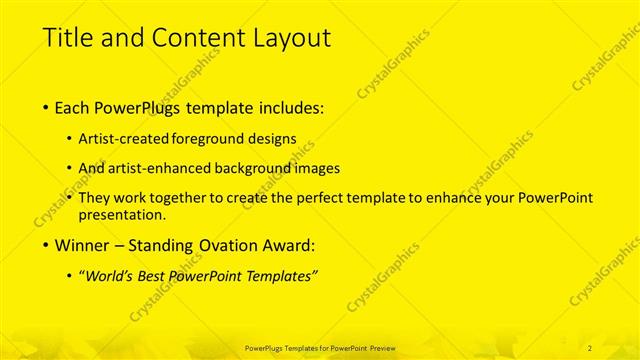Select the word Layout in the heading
(x=291, y=38)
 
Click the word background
(x=261, y=169)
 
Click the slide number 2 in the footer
(x=590, y=347)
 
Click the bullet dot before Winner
(x=47, y=245)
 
